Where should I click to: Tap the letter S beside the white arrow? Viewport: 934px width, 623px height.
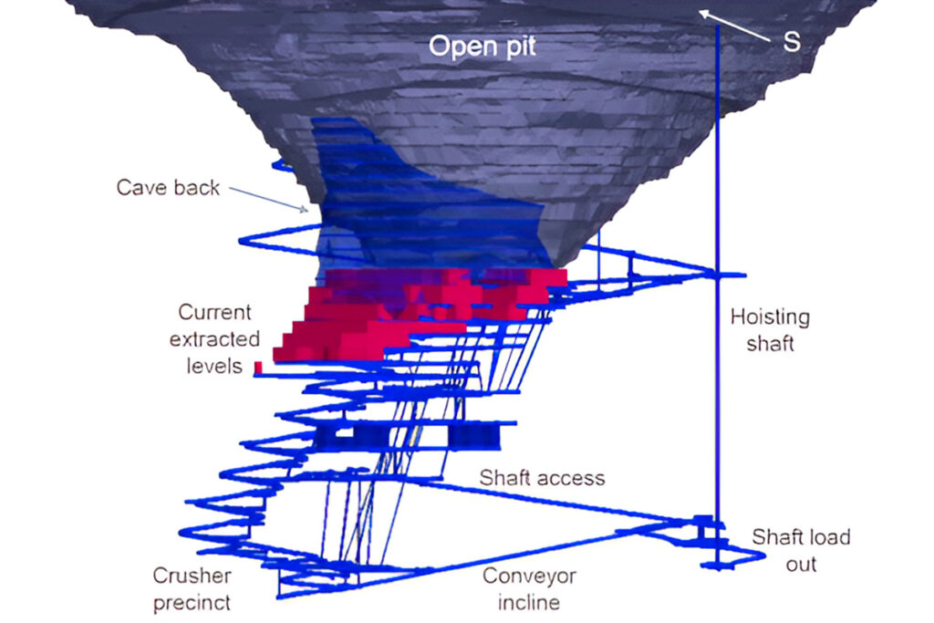pyautogui.click(x=792, y=42)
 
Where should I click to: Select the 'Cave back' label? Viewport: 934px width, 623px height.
pyautogui.click(x=168, y=188)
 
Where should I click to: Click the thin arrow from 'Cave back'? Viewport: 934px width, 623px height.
pyautogui.click(x=268, y=200)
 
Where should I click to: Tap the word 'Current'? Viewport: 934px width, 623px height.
pyautogui.click(x=214, y=313)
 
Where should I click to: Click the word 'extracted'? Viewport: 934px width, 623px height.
pyautogui.click(x=214, y=339)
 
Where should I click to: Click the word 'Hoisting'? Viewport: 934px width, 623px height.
pyautogui.click(x=770, y=317)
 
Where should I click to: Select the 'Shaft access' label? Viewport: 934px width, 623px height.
pyautogui.click(x=542, y=478)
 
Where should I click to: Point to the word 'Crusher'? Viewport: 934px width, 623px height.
pyautogui.click(x=192, y=576)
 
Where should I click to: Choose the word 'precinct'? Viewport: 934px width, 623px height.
pyautogui.click(x=192, y=602)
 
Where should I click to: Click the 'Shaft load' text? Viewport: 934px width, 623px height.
pyautogui.click(x=800, y=537)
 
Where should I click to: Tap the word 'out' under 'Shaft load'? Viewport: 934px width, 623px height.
pyautogui.click(x=801, y=564)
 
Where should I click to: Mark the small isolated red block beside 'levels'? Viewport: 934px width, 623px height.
pyautogui.click(x=258, y=367)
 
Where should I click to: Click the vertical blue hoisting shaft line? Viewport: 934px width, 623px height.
pyautogui.click(x=718, y=182)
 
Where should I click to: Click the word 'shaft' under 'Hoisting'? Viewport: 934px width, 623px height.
pyautogui.click(x=770, y=344)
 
